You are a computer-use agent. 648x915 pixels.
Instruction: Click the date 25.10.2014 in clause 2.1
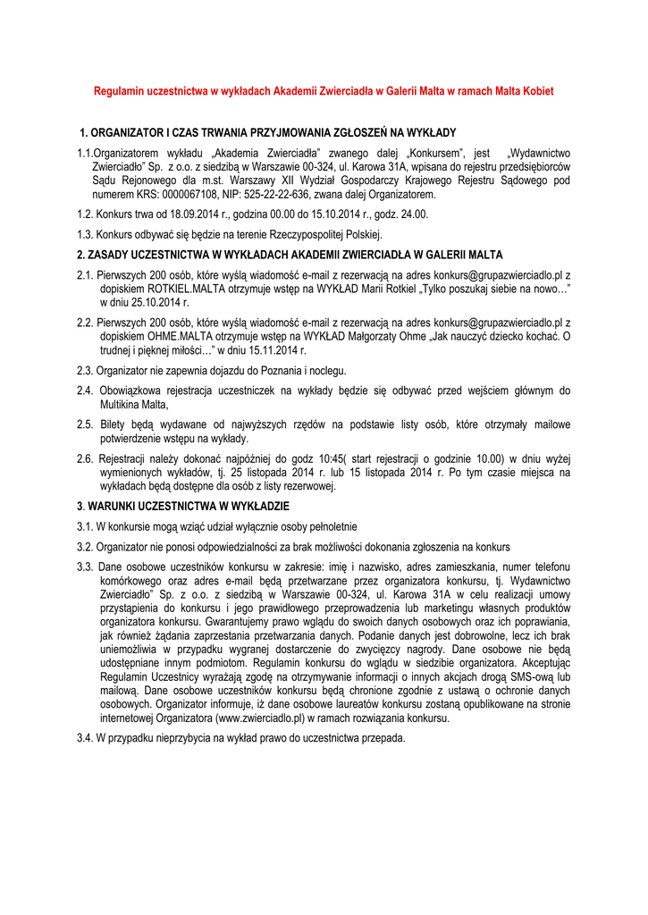(x=139, y=304)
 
